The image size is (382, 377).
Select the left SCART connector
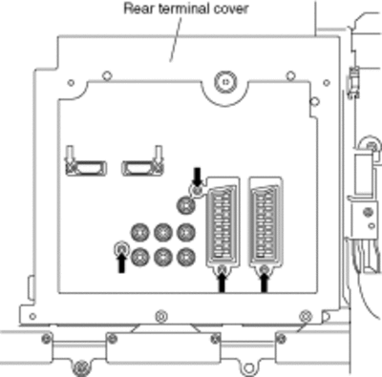click(223, 221)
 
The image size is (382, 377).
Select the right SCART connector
click(265, 221)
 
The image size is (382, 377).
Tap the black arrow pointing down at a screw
click(198, 177)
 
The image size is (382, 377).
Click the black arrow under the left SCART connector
click(223, 283)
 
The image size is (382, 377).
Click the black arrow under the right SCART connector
click(264, 283)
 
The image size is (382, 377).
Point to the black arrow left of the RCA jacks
click(121, 263)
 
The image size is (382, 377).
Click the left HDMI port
click(87, 168)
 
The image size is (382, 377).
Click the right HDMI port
click(142, 168)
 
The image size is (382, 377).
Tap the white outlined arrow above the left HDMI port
click(70, 155)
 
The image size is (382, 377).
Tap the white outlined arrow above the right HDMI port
click(159, 155)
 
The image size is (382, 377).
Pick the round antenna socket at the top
click(225, 82)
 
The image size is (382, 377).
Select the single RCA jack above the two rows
click(186, 204)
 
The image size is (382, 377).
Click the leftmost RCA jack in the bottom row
click(140, 257)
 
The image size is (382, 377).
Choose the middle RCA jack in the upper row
click(163, 232)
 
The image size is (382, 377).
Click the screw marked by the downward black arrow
click(198, 192)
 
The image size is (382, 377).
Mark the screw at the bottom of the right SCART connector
click(264, 270)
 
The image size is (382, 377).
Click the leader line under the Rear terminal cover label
click(176, 38)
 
